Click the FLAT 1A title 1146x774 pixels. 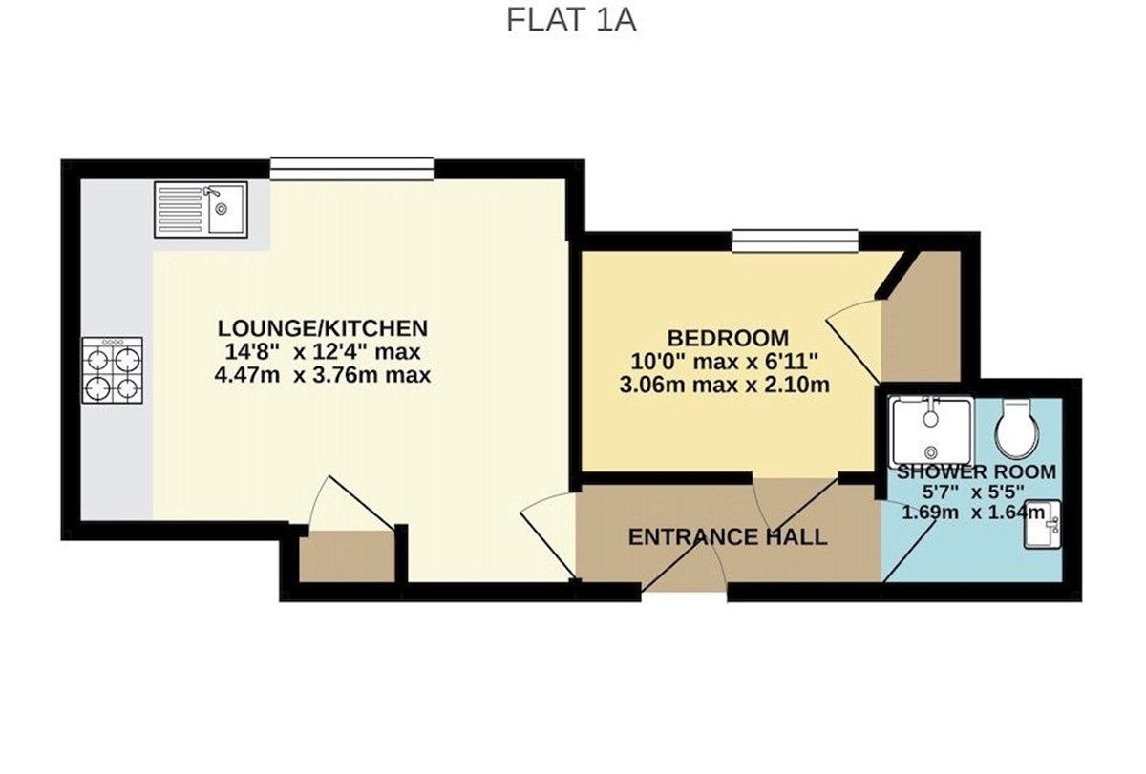[x=571, y=20]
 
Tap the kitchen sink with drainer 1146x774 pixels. [x=202, y=210]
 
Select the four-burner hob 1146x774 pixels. [x=112, y=370]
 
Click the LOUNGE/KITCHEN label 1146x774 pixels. [x=323, y=328]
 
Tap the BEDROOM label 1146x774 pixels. [x=728, y=339]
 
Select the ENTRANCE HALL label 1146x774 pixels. [x=728, y=537]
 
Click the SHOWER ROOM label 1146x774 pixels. [x=977, y=471]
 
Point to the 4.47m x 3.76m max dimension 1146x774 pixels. [x=323, y=375]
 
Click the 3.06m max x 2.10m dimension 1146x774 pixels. [x=725, y=385]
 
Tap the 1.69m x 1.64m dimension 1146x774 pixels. [x=972, y=513]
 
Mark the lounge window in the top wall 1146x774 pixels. [x=352, y=169]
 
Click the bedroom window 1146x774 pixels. [x=795, y=241]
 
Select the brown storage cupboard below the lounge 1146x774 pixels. [x=347, y=556]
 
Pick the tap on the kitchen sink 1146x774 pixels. [x=212, y=191]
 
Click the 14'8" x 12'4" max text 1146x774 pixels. [x=323, y=352]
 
